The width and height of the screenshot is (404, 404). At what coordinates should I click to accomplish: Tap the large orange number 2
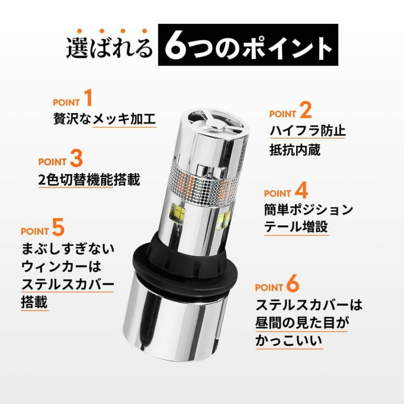point(306,110)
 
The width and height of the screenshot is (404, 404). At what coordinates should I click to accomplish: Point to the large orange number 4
point(301,190)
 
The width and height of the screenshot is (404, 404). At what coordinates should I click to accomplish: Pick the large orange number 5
point(58,227)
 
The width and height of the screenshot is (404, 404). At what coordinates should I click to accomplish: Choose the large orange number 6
point(293,283)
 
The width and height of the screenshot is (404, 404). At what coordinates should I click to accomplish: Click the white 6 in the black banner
point(176,45)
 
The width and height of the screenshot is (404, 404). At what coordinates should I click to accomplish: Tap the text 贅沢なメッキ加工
point(105,119)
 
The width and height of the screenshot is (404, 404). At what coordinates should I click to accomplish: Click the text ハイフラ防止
point(307,131)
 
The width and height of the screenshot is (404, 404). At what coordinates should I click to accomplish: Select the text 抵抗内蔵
point(295,149)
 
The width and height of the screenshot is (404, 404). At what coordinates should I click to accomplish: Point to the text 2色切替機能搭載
point(89,180)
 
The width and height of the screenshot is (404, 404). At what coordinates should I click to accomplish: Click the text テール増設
point(296,227)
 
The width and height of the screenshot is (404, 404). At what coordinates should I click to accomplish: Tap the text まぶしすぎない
point(68,249)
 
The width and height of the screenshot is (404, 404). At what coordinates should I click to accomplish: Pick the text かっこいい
point(289,340)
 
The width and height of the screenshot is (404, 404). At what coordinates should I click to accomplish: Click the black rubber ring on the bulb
point(180,263)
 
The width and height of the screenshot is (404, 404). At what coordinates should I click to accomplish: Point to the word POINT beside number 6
point(269,287)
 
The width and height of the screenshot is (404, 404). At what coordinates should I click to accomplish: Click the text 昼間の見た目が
point(302,323)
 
